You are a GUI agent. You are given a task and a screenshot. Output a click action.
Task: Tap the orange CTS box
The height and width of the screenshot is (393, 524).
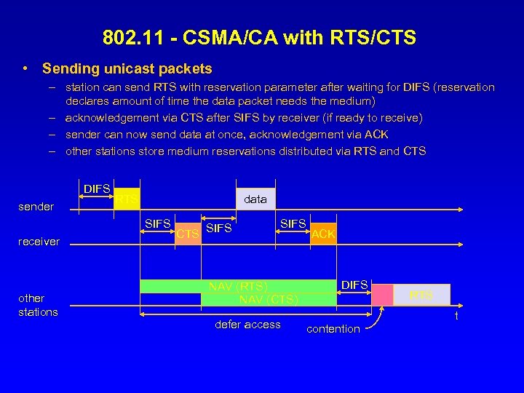point(188,233)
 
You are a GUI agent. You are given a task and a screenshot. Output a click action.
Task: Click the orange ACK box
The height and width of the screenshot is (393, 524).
point(323,233)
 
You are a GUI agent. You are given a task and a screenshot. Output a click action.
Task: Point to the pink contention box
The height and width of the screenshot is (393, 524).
point(382,294)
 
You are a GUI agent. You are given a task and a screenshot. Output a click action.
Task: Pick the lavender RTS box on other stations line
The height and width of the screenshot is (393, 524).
point(421,294)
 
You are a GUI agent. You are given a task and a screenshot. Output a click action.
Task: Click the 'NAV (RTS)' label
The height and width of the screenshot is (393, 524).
point(239,286)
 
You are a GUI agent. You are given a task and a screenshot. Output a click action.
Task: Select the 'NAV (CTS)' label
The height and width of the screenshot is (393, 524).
point(269,299)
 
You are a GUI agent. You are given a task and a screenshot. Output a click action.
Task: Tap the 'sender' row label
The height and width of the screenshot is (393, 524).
point(36,207)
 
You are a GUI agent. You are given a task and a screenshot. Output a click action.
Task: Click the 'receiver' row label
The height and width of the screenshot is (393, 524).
point(39,242)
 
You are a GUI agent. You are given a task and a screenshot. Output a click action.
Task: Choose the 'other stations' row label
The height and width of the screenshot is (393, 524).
point(38,305)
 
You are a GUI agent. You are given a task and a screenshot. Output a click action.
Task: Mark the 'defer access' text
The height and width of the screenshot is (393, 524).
point(247,325)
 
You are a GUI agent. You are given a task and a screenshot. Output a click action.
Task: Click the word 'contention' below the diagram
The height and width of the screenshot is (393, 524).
point(333,329)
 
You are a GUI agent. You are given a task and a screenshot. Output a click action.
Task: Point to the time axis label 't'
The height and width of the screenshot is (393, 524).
point(456,316)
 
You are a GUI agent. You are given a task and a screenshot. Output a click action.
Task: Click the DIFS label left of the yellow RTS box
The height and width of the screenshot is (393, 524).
point(97,189)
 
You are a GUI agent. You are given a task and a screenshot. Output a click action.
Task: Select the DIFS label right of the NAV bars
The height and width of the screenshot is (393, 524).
point(354,285)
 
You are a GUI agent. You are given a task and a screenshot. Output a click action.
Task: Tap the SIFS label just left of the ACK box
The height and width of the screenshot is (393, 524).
point(293,223)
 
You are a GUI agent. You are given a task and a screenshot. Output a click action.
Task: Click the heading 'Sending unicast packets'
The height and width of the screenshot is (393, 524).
point(127,69)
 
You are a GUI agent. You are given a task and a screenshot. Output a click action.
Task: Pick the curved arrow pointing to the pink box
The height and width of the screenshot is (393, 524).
point(376,320)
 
